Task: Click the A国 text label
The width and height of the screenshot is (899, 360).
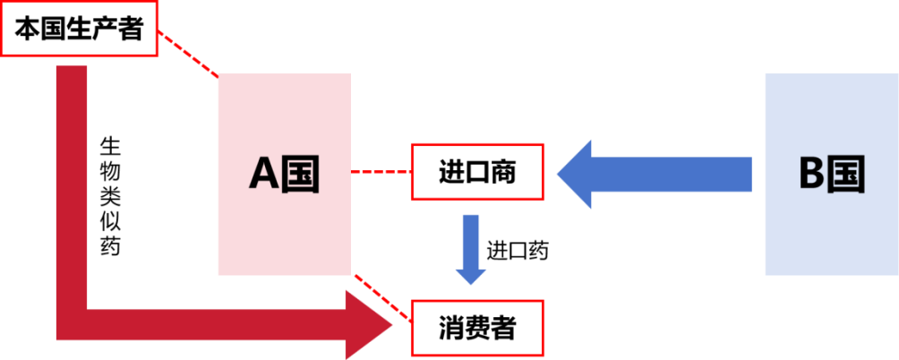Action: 284,175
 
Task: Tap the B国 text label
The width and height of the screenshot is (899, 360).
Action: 831,175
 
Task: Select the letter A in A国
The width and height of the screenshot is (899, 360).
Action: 265,175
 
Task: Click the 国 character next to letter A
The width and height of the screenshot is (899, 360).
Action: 302,175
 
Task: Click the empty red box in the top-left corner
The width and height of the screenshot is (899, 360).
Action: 80,29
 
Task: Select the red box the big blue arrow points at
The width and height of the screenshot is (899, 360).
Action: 477,171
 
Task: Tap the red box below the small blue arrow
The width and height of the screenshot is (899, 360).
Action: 477,328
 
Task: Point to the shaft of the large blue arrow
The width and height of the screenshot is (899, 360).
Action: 672,174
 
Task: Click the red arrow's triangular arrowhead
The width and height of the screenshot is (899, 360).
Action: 369,325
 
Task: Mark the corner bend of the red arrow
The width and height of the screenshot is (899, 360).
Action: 72,325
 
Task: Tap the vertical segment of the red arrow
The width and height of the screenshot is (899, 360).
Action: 72,179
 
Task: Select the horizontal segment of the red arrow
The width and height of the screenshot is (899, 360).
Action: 215,325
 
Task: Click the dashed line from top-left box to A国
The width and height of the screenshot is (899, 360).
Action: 188,54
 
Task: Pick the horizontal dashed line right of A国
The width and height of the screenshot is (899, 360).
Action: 381,171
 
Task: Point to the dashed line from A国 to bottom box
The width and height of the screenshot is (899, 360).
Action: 382,296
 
